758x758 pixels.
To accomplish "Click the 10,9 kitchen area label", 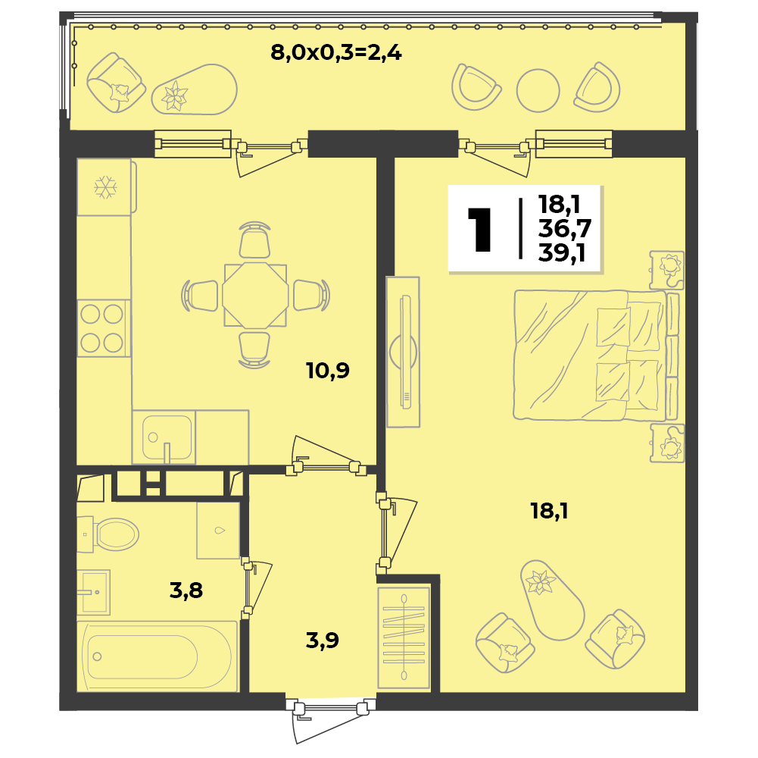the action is (x=328, y=371).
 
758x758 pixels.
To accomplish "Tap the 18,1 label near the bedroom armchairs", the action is (x=549, y=511).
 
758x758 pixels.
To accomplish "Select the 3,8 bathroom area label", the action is (x=186, y=590).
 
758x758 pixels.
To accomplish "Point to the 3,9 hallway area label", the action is (x=323, y=641).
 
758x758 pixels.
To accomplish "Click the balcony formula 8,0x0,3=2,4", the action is (x=336, y=52).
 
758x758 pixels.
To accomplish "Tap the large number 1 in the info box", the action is (x=479, y=230).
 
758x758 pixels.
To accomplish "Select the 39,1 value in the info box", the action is (x=561, y=252).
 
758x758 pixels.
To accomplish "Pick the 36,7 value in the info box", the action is (x=565, y=228).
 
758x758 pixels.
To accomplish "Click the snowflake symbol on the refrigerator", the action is (x=105, y=187).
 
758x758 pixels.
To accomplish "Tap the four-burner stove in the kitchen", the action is (x=104, y=328).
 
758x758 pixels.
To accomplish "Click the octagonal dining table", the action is (x=255, y=296).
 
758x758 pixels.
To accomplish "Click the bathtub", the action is (x=158, y=657).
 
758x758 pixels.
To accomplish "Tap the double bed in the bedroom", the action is (x=596, y=355).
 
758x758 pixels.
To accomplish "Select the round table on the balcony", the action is (x=538, y=90).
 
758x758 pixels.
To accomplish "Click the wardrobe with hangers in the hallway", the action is (x=404, y=637).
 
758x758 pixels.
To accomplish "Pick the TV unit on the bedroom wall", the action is (x=403, y=352).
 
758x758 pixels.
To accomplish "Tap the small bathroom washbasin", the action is (x=93, y=592).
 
